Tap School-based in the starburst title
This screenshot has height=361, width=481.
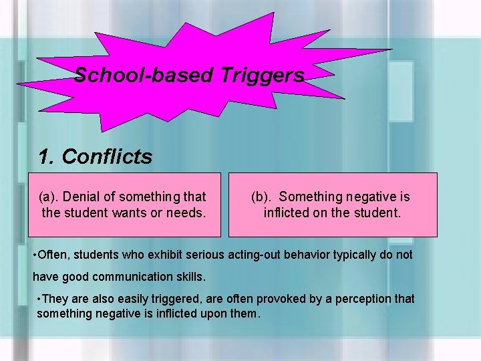(x=142, y=76)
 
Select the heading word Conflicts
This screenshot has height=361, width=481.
(x=106, y=157)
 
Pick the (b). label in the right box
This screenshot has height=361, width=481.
(x=262, y=197)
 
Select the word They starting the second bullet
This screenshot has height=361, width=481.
(x=58, y=298)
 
